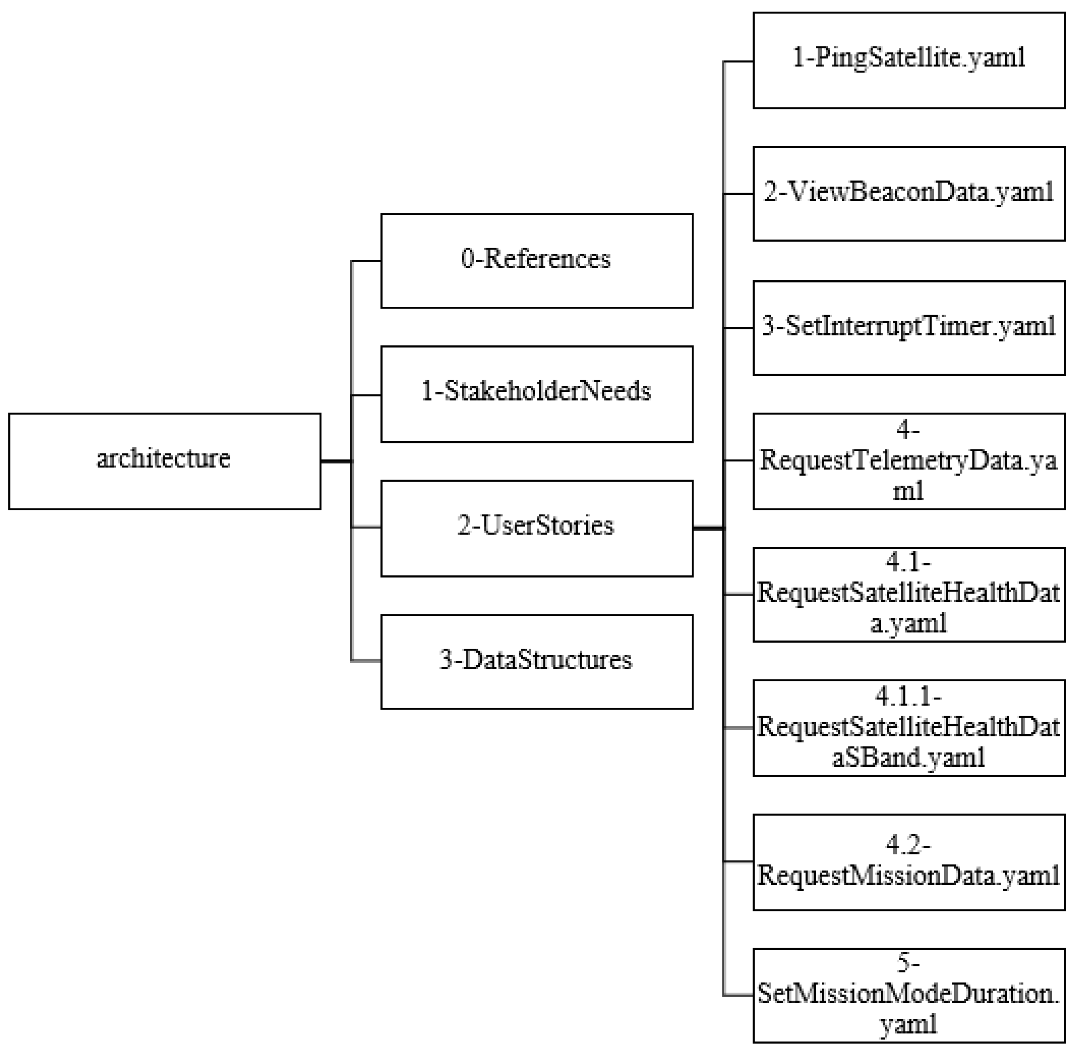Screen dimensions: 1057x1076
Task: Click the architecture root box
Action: pyautogui.click(x=164, y=461)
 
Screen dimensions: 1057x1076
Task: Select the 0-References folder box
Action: pyautogui.click(x=536, y=260)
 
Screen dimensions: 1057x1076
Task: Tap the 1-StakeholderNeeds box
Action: pyautogui.click(x=536, y=394)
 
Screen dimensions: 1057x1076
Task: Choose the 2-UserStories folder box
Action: pyautogui.click(x=536, y=528)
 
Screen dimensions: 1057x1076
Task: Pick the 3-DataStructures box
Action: pyautogui.click(x=536, y=661)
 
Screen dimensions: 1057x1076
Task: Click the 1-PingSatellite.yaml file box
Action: pyautogui.click(x=909, y=60)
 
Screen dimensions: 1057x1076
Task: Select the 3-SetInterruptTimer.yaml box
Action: pyautogui.click(x=909, y=328)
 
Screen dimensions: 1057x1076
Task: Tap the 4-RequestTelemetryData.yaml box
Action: pyautogui.click(x=909, y=461)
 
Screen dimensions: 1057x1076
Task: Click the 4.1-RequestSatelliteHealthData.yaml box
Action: pyautogui.click(x=909, y=594)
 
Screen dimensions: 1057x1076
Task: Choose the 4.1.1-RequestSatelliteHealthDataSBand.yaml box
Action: pyautogui.click(x=909, y=728)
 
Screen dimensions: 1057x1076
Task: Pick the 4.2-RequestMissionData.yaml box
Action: pyautogui.click(x=909, y=862)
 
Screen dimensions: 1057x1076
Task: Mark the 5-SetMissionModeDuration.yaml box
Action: pyautogui.click(x=909, y=995)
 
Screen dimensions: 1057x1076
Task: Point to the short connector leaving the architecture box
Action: pyautogui.click(x=336, y=461)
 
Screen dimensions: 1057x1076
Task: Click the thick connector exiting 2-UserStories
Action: pyautogui.click(x=708, y=528)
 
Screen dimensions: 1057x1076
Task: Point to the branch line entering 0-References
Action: pyautogui.click(x=366, y=261)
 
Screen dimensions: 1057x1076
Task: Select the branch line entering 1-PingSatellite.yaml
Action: pyautogui.click(x=738, y=61)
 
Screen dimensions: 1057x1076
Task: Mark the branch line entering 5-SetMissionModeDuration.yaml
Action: pyautogui.click(x=738, y=995)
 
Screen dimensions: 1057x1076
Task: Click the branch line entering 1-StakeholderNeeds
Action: pyautogui.click(x=366, y=395)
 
